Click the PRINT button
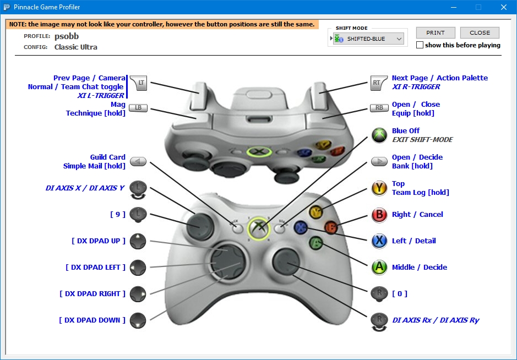pyautogui.click(x=436, y=32)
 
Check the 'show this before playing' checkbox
pyautogui.click(x=420, y=45)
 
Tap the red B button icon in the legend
pyautogui.click(x=379, y=214)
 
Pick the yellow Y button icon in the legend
pyautogui.click(x=379, y=188)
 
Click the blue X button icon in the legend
pyautogui.click(x=379, y=241)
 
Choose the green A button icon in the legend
pyautogui.click(x=379, y=267)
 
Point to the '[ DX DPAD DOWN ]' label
pyautogui.click(x=92, y=320)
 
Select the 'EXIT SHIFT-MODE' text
pyautogui.click(x=422, y=139)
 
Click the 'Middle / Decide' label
pyautogui.click(x=419, y=267)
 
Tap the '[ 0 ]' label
pyautogui.click(x=400, y=293)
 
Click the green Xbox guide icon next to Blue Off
pyautogui.click(x=379, y=135)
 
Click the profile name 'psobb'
pyautogui.click(x=66, y=36)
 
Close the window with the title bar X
pyautogui.click(x=503, y=7)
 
